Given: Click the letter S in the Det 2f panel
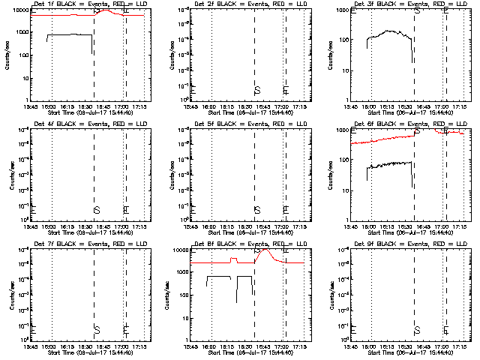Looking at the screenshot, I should (x=257, y=90).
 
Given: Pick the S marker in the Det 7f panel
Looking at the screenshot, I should (x=97, y=330).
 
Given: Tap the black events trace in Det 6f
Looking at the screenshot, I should (x=390, y=164).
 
